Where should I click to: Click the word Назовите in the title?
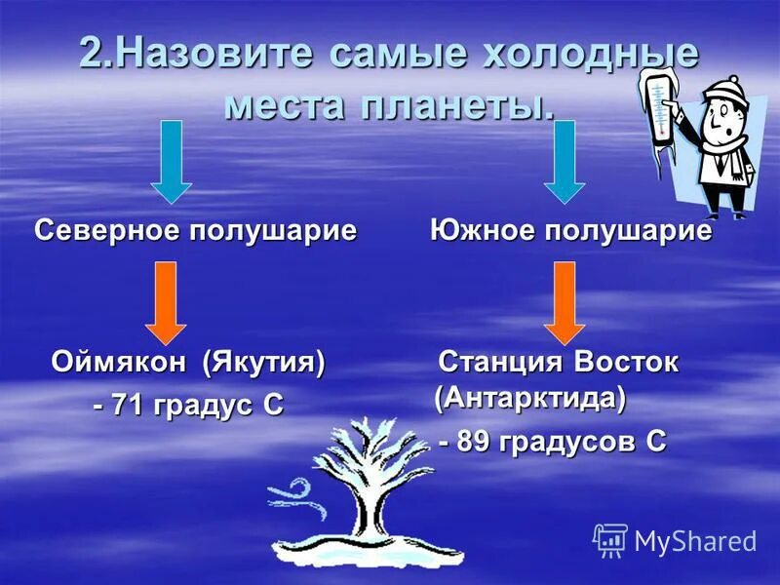[214, 54]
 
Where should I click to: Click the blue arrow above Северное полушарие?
[172, 161]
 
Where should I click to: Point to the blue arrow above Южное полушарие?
[563, 161]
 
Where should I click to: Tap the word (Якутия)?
[263, 363]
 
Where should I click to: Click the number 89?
[475, 441]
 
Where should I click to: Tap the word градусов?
[568, 441]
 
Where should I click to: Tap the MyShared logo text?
[694, 540]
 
